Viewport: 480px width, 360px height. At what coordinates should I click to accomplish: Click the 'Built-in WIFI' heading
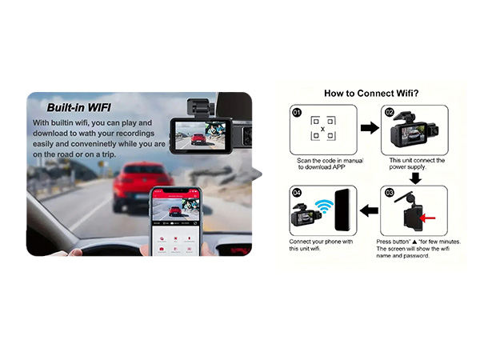tap(78, 106)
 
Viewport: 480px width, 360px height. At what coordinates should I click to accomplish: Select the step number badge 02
tap(390, 113)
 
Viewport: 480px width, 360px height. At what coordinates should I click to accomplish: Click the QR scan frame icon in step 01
tap(322, 130)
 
